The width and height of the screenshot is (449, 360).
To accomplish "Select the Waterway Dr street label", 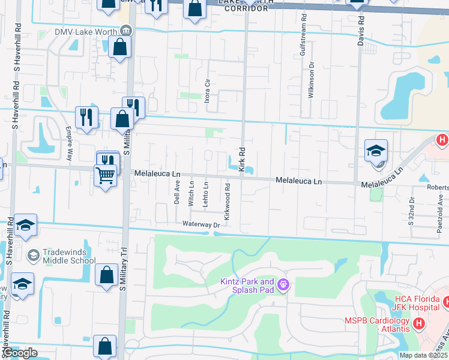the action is pos(202,224).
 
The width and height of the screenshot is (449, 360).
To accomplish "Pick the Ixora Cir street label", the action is pos(206,90).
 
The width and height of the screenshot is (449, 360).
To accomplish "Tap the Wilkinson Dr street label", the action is pos(312,80).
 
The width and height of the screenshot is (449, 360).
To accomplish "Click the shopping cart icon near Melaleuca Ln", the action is pos(105,175).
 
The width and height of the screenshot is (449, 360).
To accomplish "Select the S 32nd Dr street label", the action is pos(412,211).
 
